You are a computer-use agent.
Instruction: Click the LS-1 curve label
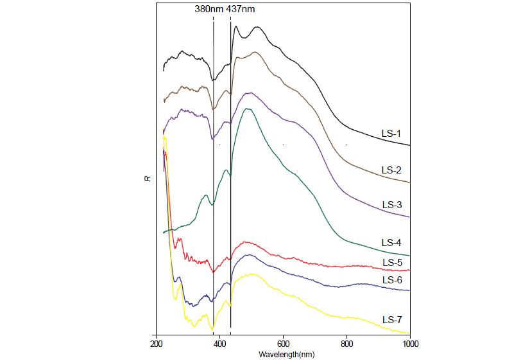point(391,134)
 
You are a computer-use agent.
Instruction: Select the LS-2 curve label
point(391,170)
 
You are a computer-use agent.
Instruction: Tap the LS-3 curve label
point(391,205)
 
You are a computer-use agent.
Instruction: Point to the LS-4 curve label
point(391,243)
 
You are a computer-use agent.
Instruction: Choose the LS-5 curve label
point(392,263)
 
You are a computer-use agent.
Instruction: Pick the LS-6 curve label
point(392,280)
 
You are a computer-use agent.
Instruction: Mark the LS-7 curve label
point(391,319)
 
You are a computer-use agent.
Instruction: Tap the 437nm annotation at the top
point(246,10)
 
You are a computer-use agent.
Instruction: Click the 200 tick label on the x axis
point(156,344)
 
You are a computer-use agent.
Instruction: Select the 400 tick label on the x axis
point(219,344)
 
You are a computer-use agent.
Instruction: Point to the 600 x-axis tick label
point(283,344)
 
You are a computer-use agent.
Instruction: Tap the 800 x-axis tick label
point(346,344)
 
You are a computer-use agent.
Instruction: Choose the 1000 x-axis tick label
point(409,344)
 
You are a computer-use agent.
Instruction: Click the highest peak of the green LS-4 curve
point(247,109)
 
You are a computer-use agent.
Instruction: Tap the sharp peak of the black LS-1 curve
point(236,27)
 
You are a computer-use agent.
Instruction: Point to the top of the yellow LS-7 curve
point(165,137)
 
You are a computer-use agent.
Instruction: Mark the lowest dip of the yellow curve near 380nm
point(212,329)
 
